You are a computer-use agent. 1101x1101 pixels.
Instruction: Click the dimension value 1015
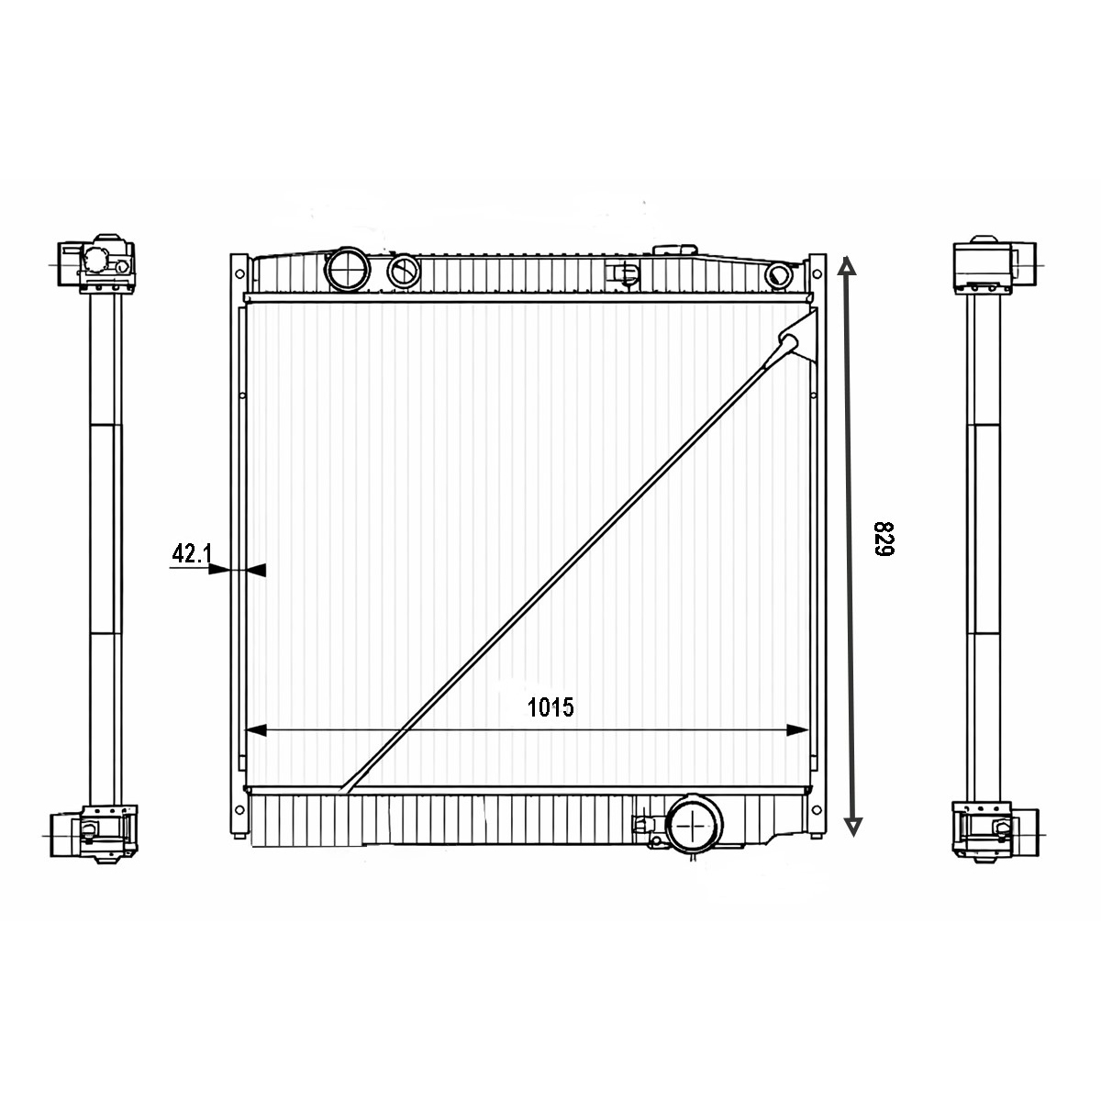pyautogui.click(x=550, y=707)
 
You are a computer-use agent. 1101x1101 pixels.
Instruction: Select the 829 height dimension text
pyautogui.click(x=883, y=539)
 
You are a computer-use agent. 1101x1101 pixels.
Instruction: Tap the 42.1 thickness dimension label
pyautogui.click(x=192, y=553)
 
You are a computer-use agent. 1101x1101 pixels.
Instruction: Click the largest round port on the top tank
pyautogui.click(x=348, y=268)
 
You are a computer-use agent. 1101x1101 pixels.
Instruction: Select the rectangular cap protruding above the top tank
pyautogui.click(x=674, y=250)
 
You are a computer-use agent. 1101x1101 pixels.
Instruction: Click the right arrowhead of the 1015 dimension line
pyautogui.click(x=798, y=730)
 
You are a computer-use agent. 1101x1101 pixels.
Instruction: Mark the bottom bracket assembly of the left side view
pyautogui.click(x=95, y=832)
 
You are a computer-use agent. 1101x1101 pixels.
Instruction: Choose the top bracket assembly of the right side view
pyautogui.click(x=986, y=266)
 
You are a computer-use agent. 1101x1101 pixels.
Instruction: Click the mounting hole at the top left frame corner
pyautogui.click(x=239, y=272)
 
